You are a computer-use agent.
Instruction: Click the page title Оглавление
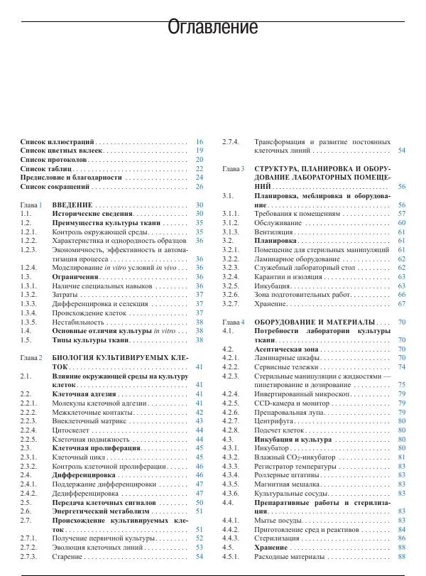coord(212,28)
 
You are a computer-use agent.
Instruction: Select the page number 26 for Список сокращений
coord(200,187)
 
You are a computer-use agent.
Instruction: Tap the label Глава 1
coord(32,205)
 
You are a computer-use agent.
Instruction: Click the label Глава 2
coord(32,358)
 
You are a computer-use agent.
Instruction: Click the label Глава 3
coord(233,169)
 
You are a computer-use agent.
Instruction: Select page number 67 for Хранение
coord(402,303)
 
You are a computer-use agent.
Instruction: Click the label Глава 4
coord(233,322)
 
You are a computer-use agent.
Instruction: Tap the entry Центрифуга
coord(276,421)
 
